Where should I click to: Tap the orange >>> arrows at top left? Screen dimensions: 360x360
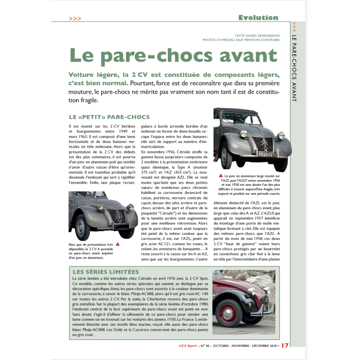tap(75, 18)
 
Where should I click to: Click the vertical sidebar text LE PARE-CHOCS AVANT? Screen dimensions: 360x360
tap(294, 67)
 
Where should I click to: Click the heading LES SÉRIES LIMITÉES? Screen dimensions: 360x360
tap(106, 272)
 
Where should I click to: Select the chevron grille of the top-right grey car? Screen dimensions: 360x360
tap(263, 144)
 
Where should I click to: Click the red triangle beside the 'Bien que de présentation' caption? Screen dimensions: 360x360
tap(118, 244)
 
